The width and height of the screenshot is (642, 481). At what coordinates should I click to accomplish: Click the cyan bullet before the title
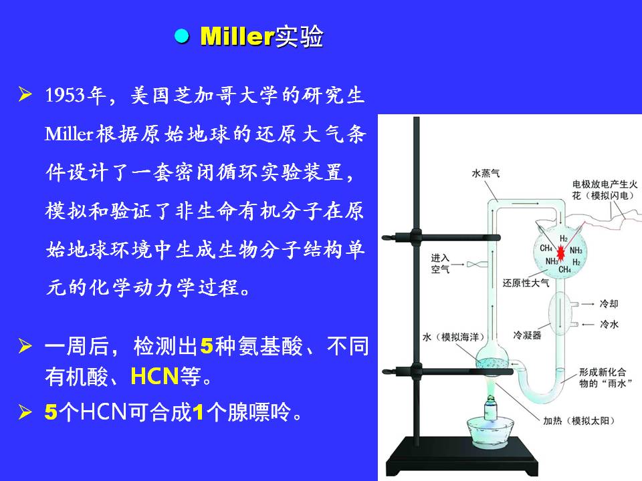181,36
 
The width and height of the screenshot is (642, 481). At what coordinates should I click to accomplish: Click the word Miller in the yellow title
237,36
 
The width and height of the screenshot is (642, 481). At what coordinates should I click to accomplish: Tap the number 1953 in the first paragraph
66,96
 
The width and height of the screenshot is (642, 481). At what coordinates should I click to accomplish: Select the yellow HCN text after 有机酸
154,375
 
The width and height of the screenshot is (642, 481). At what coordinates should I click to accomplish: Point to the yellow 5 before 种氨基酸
207,345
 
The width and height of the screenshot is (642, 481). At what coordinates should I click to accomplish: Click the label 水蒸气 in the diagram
486,173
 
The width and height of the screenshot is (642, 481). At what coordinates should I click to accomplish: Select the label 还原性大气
526,283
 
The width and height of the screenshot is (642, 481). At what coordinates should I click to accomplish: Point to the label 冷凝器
527,335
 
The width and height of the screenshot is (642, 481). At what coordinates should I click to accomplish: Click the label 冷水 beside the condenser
609,325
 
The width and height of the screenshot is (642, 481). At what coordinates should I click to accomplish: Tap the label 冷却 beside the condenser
609,303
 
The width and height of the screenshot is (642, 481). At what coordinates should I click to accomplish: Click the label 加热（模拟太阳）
578,420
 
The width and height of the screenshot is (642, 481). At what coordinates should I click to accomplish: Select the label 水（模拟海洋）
453,337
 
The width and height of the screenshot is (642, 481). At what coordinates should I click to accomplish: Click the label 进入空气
440,263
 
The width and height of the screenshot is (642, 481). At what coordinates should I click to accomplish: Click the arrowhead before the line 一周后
25,345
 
